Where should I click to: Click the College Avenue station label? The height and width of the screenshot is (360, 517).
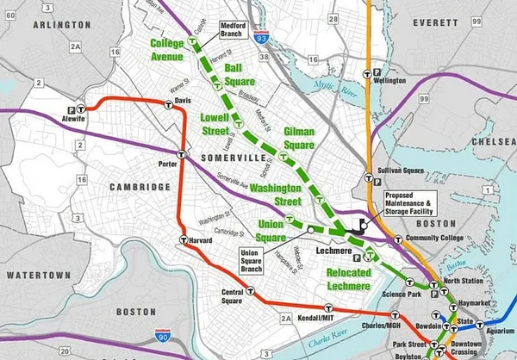tap(167, 50)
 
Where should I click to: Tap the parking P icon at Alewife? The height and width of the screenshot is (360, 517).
tap(70, 109)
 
